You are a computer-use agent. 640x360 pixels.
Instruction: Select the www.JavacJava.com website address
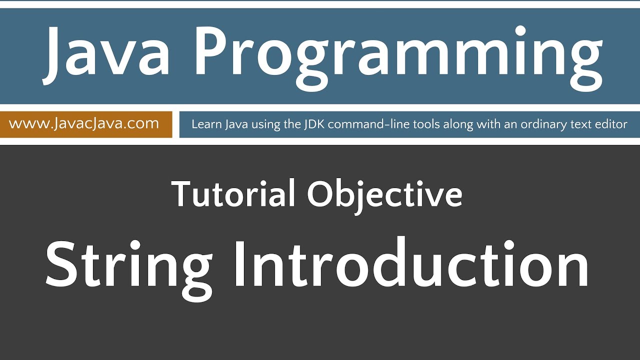click(84, 124)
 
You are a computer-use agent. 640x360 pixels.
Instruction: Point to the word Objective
click(384, 195)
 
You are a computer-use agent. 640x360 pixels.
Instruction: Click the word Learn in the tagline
click(205, 124)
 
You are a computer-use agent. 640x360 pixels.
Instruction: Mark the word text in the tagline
click(580, 124)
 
